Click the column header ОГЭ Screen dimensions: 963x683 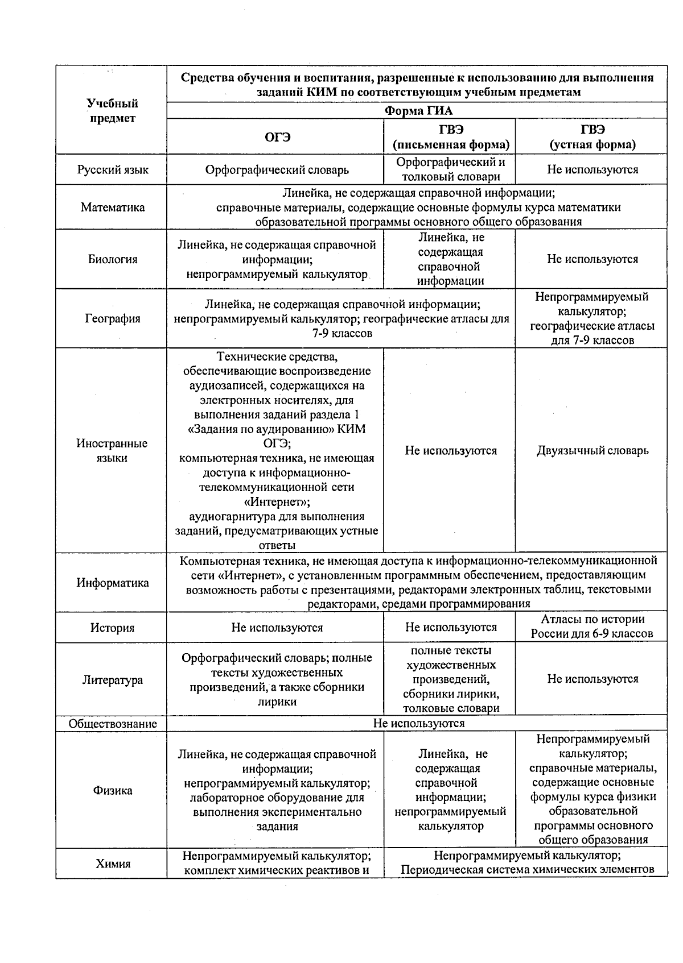click(277, 137)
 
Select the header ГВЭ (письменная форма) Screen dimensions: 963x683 click(451, 137)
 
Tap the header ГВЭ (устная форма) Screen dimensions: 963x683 click(592, 137)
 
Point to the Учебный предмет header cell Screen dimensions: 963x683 click(112, 111)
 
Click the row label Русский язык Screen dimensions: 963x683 click(113, 169)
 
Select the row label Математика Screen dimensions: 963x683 click(113, 207)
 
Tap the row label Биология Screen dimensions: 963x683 click(113, 259)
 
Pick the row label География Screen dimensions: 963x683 click(113, 318)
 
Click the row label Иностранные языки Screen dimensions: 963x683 click(112, 450)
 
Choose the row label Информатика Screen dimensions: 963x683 click(113, 583)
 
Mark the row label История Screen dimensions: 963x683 click(113, 628)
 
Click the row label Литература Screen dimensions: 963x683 click(113, 680)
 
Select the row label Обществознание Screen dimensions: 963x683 click(113, 724)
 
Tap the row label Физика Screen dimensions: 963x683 click(113, 790)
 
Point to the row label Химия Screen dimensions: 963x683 click(113, 864)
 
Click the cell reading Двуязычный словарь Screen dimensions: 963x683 click(592, 451)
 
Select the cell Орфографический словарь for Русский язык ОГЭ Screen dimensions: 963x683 click(277, 170)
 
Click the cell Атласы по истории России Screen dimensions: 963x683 click(592, 626)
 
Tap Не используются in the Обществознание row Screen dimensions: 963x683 click(418, 723)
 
